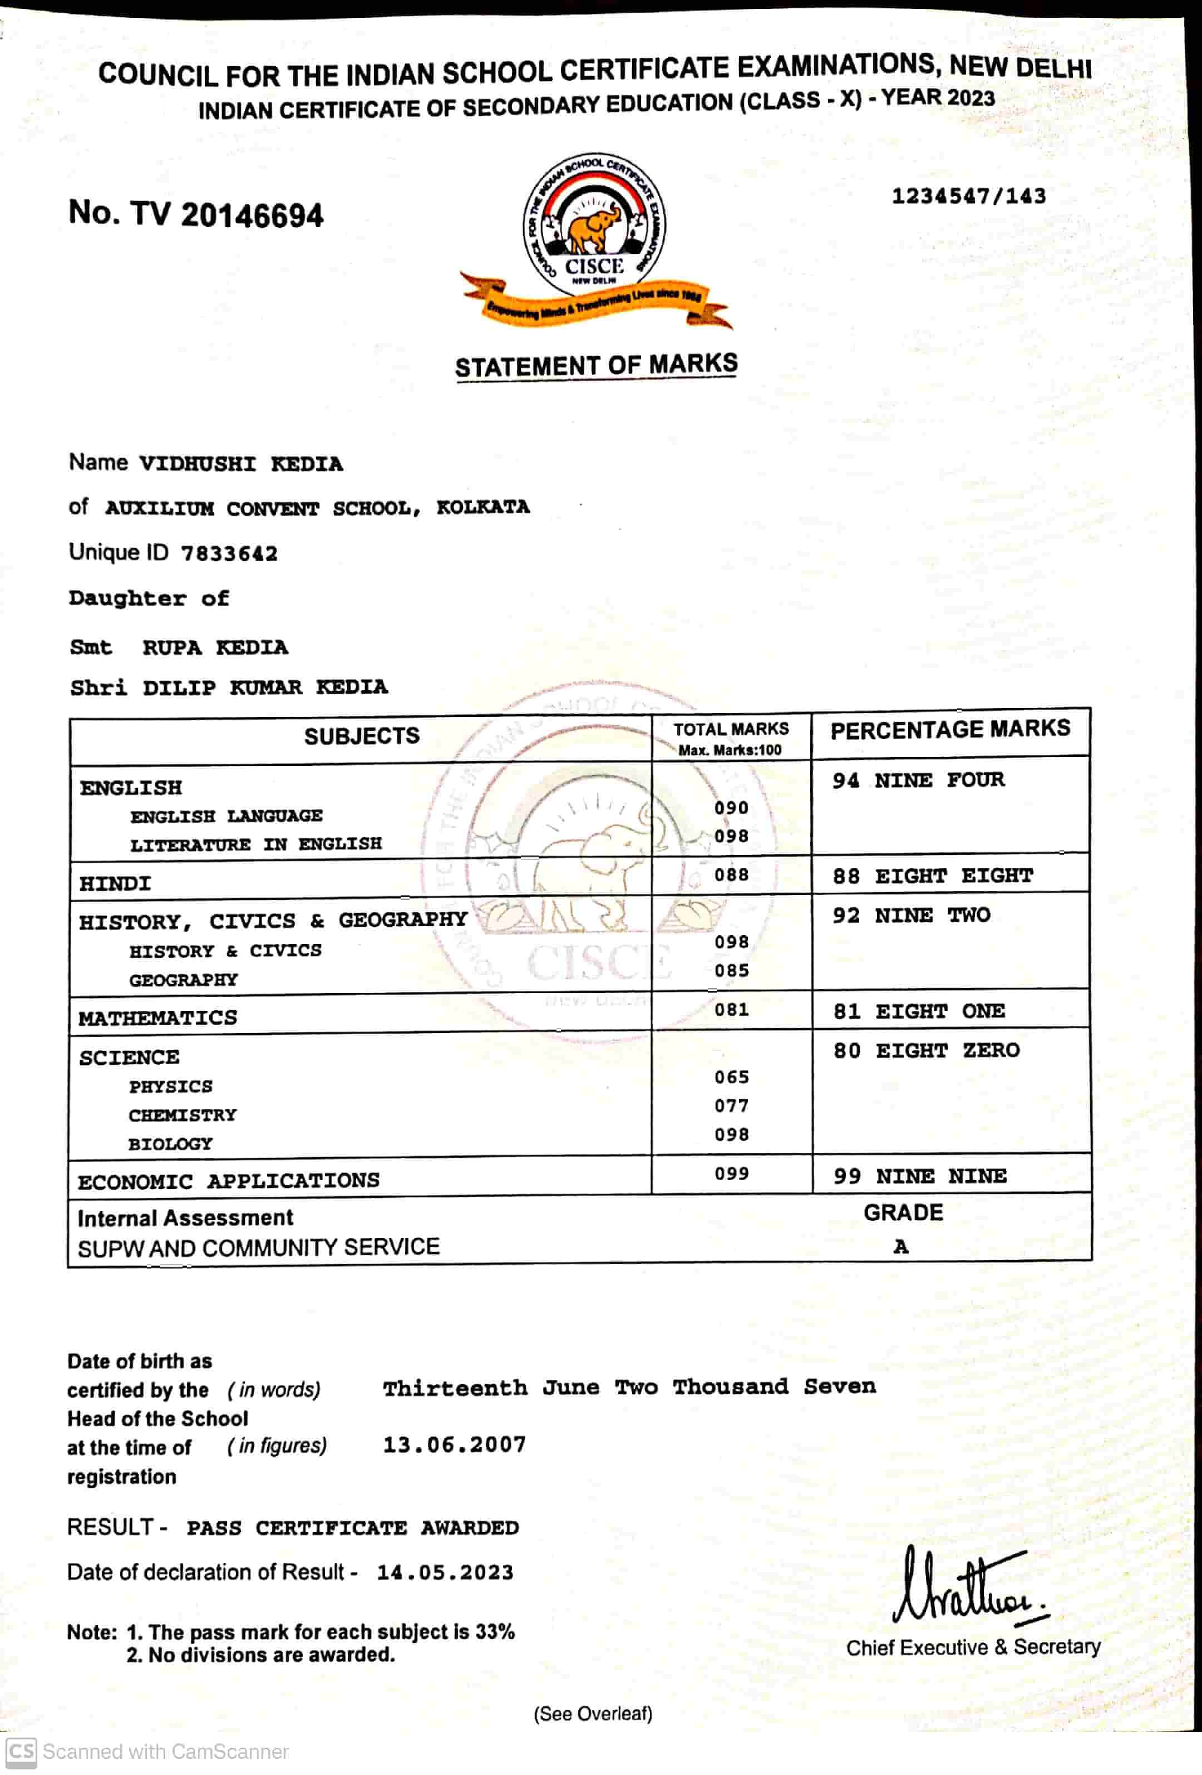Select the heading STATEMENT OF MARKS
click(597, 365)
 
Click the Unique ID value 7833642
click(229, 554)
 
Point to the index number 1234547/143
click(968, 196)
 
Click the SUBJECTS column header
click(361, 736)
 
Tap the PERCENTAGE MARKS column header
click(950, 729)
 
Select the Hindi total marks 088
click(731, 874)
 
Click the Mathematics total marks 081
click(731, 1010)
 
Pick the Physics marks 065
click(731, 1077)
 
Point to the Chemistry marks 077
click(731, 1105)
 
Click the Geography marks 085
click(731, 971)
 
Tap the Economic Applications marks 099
click(731, 1173)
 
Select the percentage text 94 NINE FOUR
click(918, 780)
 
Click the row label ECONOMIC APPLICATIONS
click(228, 1181)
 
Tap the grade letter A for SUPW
click(901, 1246)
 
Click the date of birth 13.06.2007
click(455, 1444)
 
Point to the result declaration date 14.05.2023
click(445, 1572)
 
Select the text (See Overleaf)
click(593, 1713)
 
